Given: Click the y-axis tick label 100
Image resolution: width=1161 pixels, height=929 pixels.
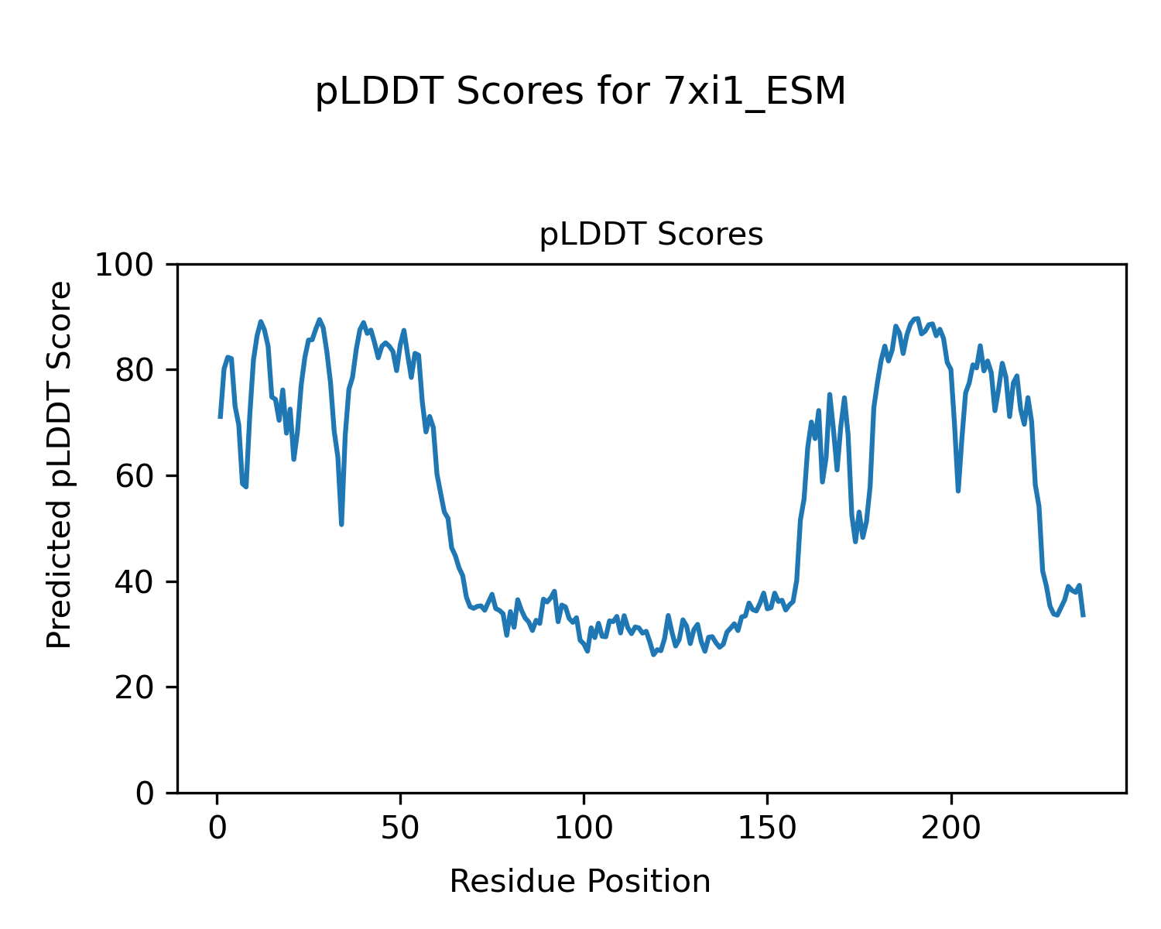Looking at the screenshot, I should [x=132, y=265].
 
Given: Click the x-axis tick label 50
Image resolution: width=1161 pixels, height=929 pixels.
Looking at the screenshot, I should [x=400, y=828].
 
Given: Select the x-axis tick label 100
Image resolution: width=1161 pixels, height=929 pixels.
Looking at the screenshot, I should [x=584, y=828].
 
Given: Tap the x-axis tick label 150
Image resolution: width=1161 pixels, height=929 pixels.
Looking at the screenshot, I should [x=767, y=828].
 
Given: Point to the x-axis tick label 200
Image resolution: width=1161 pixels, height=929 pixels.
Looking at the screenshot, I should [x=950, y=828].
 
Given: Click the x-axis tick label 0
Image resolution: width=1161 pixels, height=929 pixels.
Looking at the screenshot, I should [x=217, y=828].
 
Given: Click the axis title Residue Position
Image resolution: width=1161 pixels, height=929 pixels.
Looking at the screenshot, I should [x=580, y=882].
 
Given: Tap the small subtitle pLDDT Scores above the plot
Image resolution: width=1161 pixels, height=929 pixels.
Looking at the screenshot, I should [x=651, y=235].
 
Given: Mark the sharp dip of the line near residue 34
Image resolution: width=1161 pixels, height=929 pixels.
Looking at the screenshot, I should [x=341, y=524].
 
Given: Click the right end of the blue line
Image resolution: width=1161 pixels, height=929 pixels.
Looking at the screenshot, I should [x=1083, y=615].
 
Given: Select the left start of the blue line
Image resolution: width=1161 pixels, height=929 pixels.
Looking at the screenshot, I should [x=221, y=417].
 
